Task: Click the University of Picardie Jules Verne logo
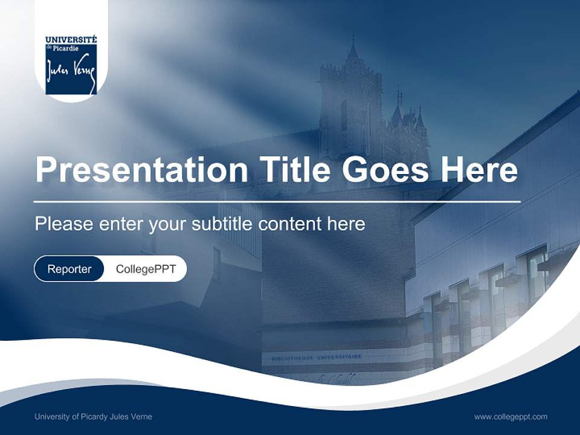pyautogui.click(x=71, y=65)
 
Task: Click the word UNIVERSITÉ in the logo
pyautogui.click(x=71, y=40)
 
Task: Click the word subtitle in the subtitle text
pyautogui.click(x=222, y=224)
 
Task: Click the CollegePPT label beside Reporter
pyautogui.click(x=146, y=269)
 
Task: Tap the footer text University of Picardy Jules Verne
pyautogui.click(x=93, y=416)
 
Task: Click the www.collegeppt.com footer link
pyautogui.click(x=511, y=416)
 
